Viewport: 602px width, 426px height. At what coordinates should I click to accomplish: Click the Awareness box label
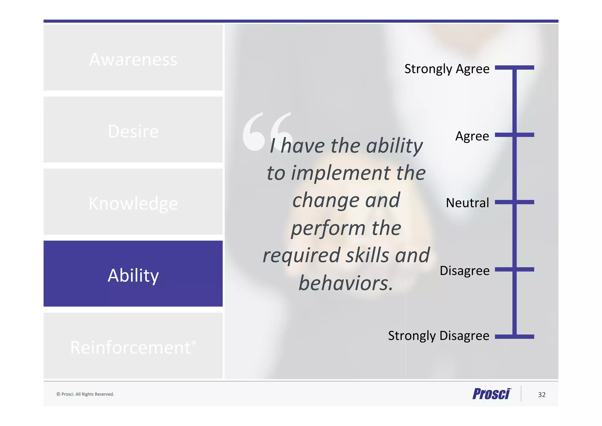133,60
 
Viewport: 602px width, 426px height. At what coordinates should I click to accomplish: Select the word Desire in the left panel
133,132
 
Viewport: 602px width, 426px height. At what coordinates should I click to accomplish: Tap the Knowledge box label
133,203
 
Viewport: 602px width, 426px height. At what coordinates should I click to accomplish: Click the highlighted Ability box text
133,276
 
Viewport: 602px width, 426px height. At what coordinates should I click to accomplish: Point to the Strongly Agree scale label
447,69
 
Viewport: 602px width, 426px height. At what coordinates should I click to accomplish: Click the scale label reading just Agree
472,136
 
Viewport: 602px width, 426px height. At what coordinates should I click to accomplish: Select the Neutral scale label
467,203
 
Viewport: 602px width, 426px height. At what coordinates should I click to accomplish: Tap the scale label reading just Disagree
464,270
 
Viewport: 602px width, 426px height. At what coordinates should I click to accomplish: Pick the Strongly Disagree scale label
438,336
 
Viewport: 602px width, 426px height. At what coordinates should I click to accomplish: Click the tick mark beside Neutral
514,202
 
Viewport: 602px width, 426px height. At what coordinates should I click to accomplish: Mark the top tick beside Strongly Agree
514,68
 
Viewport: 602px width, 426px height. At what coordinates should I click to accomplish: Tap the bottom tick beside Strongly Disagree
514,337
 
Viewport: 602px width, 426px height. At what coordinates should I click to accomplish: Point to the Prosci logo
491,394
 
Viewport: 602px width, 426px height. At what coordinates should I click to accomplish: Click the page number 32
541,394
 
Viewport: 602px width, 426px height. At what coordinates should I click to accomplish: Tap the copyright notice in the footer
85,394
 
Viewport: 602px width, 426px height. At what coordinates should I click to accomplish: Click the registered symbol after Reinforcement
194,343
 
